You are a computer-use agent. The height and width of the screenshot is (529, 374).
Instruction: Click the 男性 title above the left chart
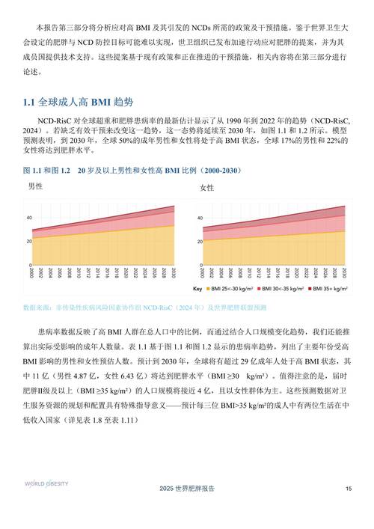coord(35,186)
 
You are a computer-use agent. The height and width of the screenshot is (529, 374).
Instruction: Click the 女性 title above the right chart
coord(207,187)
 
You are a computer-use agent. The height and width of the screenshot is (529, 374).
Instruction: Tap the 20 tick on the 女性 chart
coord(199,241)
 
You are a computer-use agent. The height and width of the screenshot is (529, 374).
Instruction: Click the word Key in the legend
coord(198,289)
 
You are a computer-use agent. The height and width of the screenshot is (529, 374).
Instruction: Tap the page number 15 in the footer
coord(348,489)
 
